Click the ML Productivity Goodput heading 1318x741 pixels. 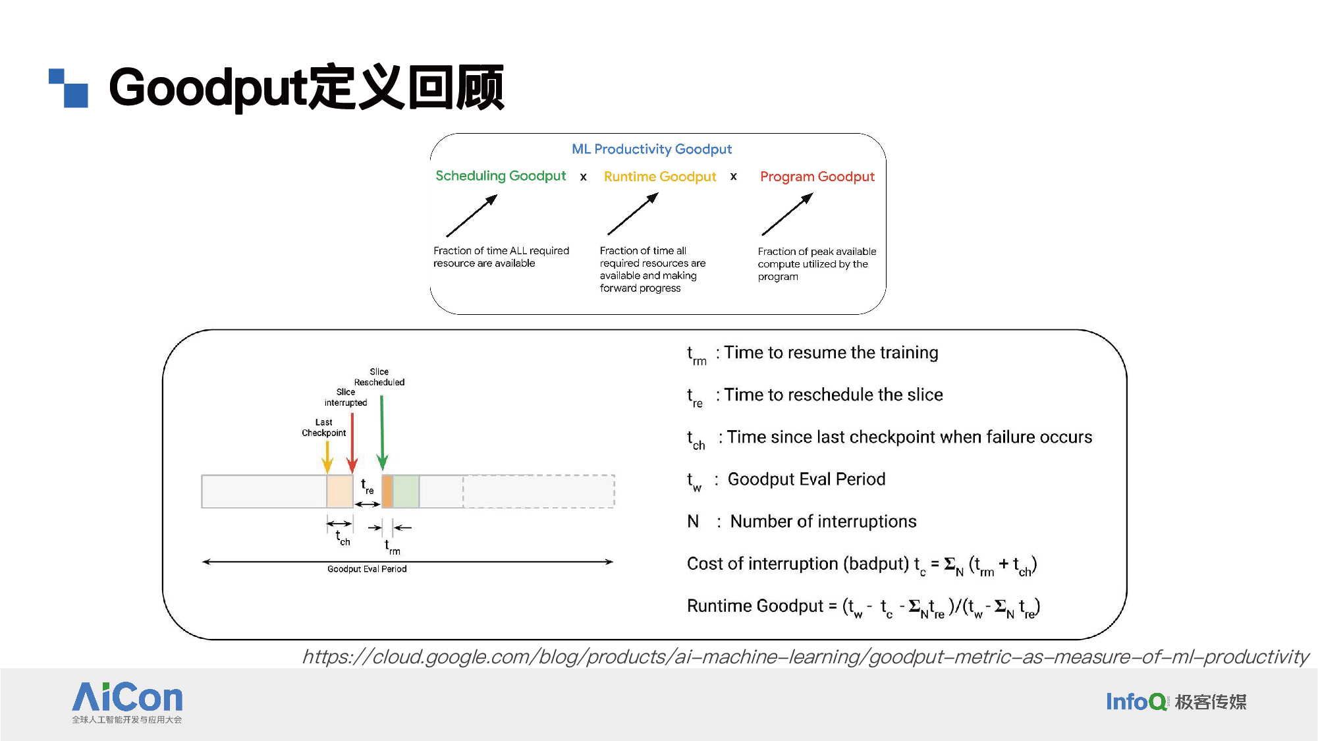point(651,150)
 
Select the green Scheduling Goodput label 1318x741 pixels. point(501,176)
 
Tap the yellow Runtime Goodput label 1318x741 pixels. point(660,177)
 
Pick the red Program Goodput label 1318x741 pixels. point(817,177)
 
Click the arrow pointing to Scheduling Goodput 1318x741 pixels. point(472,215)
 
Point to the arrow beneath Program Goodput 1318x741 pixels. point(787,214)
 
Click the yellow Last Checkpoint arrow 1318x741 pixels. point(327,457)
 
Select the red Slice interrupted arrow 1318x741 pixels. point(352,443)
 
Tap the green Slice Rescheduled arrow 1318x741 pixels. point(382,433)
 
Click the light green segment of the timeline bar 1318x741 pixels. point(406,491)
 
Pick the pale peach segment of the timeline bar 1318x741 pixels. point(340,491)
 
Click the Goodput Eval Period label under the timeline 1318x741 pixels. point(367,569)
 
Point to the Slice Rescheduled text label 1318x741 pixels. point(379,377)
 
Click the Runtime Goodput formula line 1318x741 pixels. point(864,607)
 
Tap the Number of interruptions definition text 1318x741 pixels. point(823,522)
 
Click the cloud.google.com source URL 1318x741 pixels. point(805,657)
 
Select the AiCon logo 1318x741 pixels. point(127,702)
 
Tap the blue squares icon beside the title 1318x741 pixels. point(69,88)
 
